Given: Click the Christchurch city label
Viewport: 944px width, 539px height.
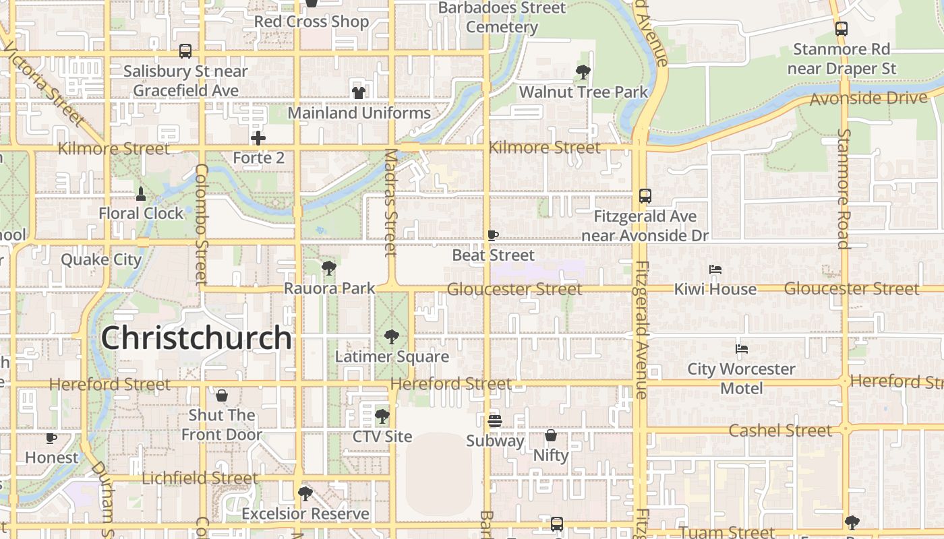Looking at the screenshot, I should point(196,338).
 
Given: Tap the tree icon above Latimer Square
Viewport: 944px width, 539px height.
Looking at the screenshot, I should point(391,337).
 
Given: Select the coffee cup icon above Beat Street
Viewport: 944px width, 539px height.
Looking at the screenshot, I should point(493,235).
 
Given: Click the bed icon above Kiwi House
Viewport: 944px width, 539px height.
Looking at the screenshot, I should point(715,269).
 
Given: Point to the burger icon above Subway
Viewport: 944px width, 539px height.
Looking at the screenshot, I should point(494,421).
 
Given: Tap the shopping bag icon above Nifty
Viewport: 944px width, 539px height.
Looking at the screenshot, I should point(551,435).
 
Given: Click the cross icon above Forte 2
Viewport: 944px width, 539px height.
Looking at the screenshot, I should point(258,138).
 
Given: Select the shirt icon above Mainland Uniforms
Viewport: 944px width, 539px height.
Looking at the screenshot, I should point(358,92).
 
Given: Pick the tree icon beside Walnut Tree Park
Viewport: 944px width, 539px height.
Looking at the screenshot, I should point(583,71).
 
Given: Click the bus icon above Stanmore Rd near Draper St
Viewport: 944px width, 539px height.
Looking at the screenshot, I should point(841,29).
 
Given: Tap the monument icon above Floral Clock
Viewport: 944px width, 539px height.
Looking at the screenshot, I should point(140,194).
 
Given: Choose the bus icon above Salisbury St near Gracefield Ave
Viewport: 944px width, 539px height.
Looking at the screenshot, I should point(185,51).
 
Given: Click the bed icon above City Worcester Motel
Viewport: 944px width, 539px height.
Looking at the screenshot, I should point(742,349).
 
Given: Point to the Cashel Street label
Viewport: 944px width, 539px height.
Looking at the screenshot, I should point(780,431).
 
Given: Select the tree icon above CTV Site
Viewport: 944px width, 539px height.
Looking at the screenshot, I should point(382,416).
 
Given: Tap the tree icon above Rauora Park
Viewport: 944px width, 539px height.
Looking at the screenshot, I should point(329,268).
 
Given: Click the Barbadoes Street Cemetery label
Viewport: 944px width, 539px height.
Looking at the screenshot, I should point(502,18).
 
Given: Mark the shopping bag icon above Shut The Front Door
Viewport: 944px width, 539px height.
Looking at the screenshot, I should point(221,395).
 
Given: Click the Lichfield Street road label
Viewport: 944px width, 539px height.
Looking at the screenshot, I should point(200,478).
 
